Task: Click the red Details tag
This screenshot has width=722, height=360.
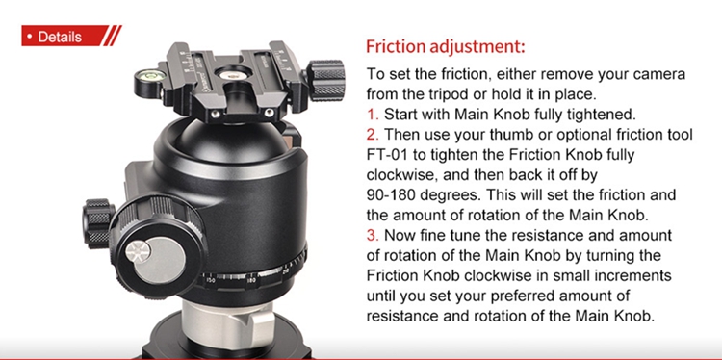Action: [71, 36]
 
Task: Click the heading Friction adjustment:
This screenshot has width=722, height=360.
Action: [446, 47]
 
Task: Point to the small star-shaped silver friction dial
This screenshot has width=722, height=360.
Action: [138, 252]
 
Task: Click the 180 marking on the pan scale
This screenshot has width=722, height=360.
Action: [251, 279]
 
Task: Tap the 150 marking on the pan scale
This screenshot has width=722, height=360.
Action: [210, 279]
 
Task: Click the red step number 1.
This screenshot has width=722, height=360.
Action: [372, 115]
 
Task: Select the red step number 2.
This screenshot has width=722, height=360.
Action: [372, 135]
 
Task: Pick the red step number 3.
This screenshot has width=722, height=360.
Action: [372, 235]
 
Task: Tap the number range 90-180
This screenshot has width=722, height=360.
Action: [397, 194]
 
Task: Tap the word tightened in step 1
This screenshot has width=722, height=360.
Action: [596, 115]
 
